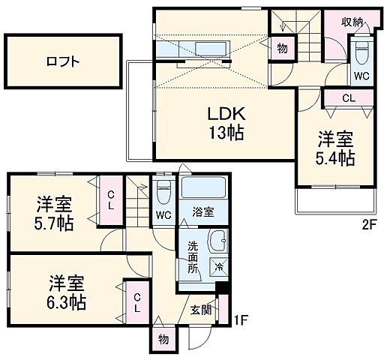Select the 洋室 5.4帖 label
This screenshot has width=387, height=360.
[x=334, y=148]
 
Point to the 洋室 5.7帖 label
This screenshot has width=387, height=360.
[x=54, y=213]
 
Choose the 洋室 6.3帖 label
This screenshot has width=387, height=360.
[x=67, y=293]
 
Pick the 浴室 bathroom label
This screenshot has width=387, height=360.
[x=202, y=212]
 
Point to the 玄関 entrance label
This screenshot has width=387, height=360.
[x=199, y=309]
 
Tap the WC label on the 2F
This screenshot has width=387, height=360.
[x=361, y=75]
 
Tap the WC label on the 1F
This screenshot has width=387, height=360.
[x=163, y=215]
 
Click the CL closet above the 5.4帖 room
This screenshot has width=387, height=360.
[x=348, y=98]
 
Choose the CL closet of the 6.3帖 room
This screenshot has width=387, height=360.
[x=137, y=302]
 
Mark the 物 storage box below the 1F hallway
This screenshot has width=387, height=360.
[x=163, y=338]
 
